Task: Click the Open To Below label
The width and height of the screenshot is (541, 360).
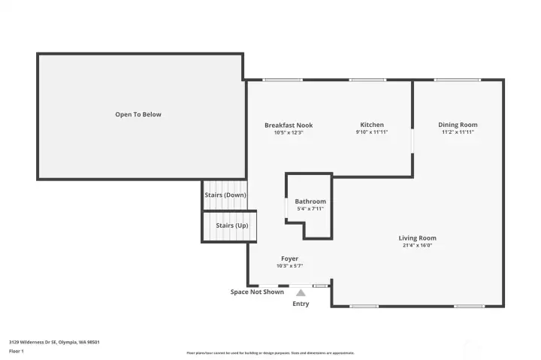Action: (138, 114)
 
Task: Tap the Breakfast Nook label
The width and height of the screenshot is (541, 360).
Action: (289, 125)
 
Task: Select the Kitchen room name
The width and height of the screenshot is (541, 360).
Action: (372, 125)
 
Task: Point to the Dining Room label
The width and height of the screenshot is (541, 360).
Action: (458, 125)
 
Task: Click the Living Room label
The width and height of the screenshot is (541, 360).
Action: (417, 238)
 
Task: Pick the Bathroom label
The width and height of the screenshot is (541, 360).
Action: (310, 201)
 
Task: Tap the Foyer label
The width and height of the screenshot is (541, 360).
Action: (290, 259)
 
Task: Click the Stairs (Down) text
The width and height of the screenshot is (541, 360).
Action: (225, 195)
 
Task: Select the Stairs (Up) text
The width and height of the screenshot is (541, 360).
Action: (231, 225)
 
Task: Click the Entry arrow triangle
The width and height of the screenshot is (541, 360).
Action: (301, 292)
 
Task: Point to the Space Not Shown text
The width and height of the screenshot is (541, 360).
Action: (257, 292)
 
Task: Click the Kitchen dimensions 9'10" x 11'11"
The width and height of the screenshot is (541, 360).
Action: (372, 132)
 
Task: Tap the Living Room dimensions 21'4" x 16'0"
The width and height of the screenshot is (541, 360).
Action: (417, 246)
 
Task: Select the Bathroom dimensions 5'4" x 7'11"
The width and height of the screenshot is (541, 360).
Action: (310, 209)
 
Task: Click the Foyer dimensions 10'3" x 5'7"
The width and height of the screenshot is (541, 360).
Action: (290, 266)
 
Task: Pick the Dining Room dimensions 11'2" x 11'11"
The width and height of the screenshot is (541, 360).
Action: (458, 132)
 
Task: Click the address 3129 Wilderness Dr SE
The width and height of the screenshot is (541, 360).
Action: (54, 342)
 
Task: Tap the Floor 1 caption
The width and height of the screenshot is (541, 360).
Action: (17, 351)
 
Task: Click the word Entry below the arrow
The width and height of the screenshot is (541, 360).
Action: (301, 304)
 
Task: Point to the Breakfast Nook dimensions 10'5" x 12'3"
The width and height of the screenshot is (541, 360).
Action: (289, 132)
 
